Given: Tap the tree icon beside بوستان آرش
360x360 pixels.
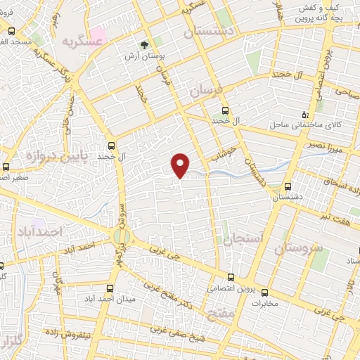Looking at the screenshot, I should click(x=145, y=44).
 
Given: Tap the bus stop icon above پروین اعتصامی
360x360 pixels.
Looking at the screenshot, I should click(x=231, y=276).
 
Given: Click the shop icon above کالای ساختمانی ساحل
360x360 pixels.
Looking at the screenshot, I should click(x=304, y=114).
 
